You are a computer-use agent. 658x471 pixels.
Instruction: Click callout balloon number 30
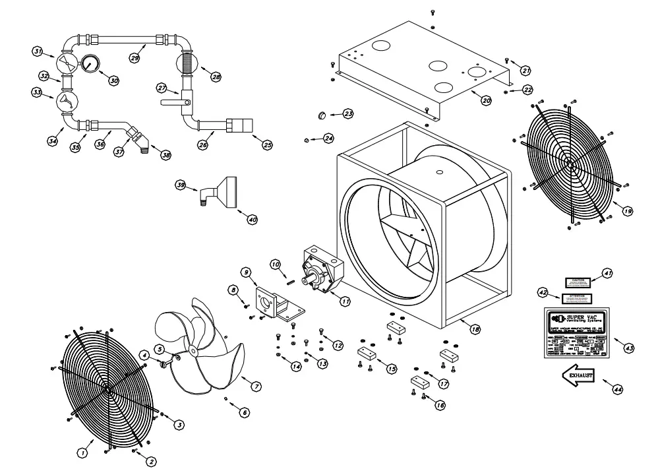coord(113,80)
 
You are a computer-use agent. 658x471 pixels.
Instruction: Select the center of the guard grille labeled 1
coord(106,389)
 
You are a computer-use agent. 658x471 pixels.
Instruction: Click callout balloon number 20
coord(486,100)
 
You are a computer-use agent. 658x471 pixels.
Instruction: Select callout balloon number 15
coord(391,369)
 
